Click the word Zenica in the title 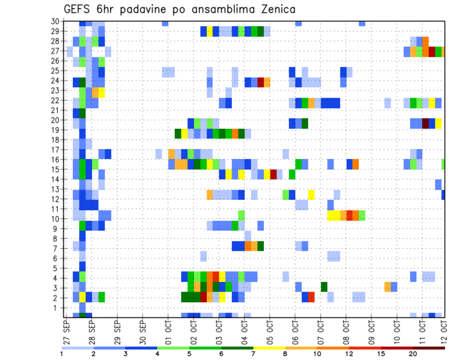coord(277,9)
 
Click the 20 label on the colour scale coord(413,354)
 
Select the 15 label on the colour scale coord(382,354)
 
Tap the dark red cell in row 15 coord(273,174)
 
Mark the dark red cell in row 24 coord(261,82)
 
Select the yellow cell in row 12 coord(311,195)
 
